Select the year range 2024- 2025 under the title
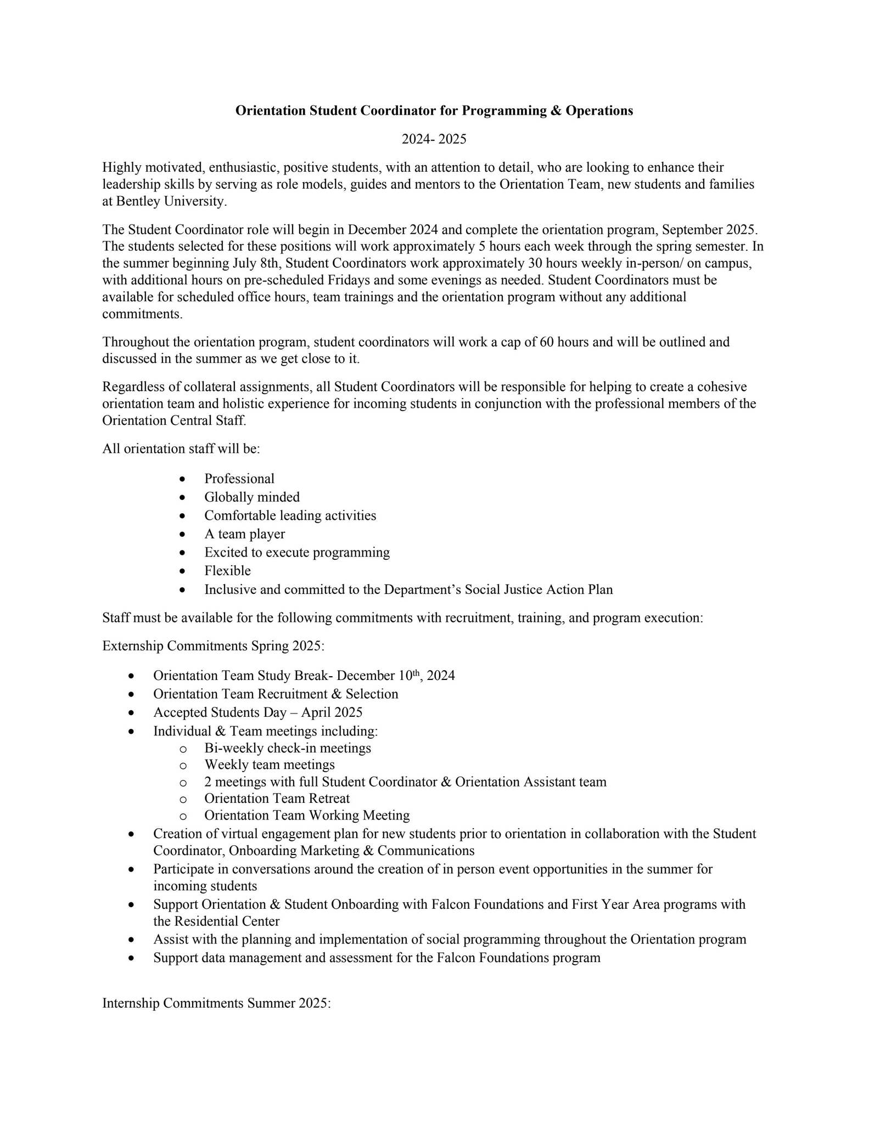pyautogui.click(x=434, y=139)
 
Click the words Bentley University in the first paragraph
pyautogui.click(x=171, y=201)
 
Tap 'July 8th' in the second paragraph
pyautogui.click(x=255, y=263)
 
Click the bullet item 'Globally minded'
pyautogui.click(x=252, y=497)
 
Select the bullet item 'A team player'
pyautogui.click(x=244, y=534)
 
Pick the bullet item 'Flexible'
pyautogui.click(x=227, y=571)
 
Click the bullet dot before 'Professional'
pyautogui.click(x=183, y=479)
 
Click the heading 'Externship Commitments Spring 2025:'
pyautogui.click(x=214, y=646)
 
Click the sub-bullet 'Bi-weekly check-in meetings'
pyautogui.click(x=288, y=748)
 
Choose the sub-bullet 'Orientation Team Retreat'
pyautogui.click(x=277, y=799)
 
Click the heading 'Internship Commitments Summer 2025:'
pyautogui.click(x=216, y=1004)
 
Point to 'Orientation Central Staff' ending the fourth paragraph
pyautogui.click(x=173, y=421)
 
